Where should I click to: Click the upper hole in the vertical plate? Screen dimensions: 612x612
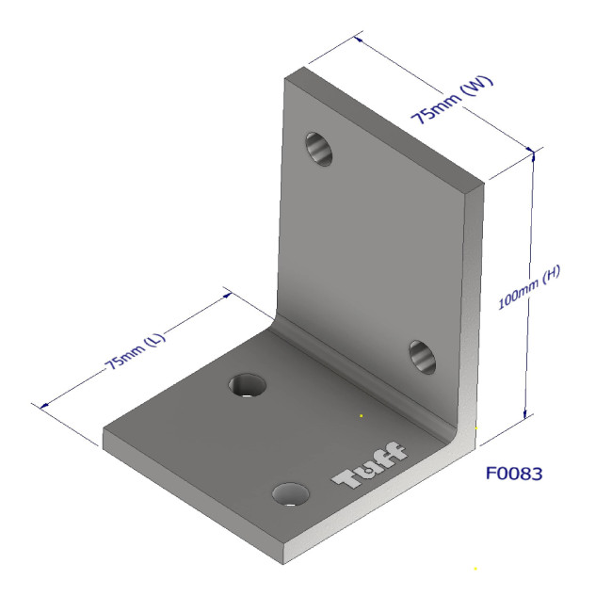pos(319,148)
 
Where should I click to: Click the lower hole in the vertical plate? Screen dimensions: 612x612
pos(421,357)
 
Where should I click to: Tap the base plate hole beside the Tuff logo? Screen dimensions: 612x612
pos(291,493)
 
